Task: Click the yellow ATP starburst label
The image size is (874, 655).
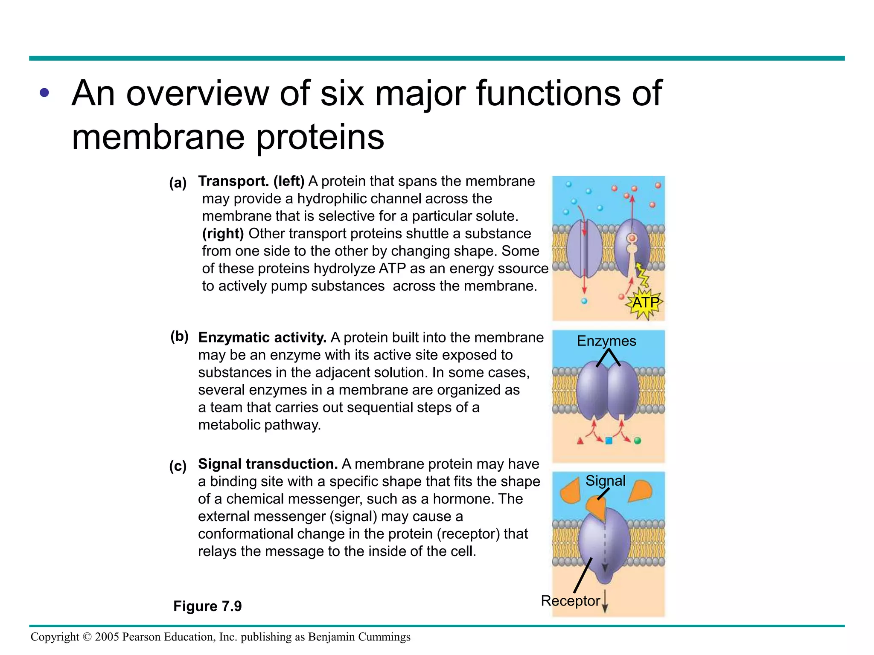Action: [x=646, y=303]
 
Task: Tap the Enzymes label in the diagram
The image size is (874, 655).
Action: [x=606, y=341]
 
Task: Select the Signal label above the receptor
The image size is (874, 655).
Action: [x=605, y=481]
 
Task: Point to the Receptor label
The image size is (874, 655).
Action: [x=570, y=600]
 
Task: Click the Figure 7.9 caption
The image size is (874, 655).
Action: [x=207, y=606]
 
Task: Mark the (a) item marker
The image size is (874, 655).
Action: [x=178, y=183]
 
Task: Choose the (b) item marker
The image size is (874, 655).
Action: [x=179, y=336]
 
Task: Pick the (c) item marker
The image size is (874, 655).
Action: [x=178, y=466]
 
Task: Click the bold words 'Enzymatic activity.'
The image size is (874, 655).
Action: [x=262, y=337]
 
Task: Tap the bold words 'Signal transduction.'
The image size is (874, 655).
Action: [x=268, y=464]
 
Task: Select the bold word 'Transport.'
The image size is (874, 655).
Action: [x=233, y=181]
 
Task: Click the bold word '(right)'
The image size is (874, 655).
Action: [x=223, y=234]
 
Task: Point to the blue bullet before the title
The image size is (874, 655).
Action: [x=44, y=93]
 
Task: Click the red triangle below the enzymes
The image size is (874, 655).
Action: [x=580, y=441]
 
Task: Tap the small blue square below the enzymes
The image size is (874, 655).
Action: [x=609, y=441]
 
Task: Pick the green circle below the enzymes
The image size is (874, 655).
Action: [x=637, y=441]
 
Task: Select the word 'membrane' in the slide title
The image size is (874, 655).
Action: [x=158, y=137]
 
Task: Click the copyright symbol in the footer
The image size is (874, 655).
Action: [x=87, y=637]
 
